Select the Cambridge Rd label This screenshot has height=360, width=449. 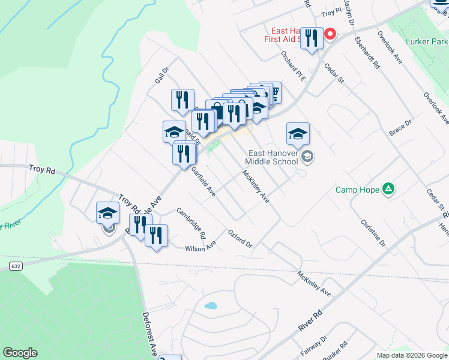(x=191, y=222)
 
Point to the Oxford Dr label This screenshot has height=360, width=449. (x=240, y=237)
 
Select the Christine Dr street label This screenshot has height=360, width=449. (x=373, y=233)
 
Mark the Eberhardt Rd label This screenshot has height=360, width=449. (x=367, y=54)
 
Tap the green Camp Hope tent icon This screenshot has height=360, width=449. (x=389, y=190)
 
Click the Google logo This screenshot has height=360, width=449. (x=20, y=353)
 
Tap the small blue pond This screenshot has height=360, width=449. (x=210, y=305)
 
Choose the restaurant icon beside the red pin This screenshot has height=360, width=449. (x=311, y=39)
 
